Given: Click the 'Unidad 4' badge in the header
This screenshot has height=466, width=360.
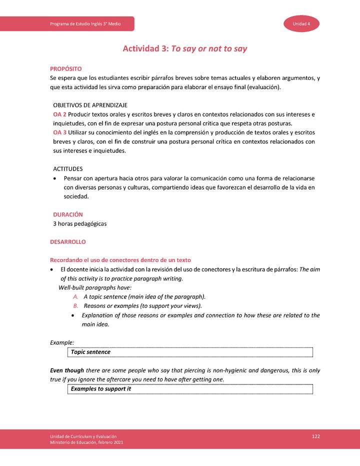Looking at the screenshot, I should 301,24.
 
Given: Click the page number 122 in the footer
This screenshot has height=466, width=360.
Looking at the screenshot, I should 315,436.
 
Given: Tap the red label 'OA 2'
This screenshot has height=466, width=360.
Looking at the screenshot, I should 60,114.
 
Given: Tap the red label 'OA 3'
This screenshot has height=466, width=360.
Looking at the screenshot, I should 60,132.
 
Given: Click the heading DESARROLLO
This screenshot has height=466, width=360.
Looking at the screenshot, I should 68,242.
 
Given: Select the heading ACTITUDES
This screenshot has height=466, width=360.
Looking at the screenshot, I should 68,169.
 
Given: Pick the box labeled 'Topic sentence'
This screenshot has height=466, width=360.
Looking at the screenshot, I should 190,352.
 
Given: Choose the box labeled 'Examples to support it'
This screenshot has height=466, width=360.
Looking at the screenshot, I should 190,389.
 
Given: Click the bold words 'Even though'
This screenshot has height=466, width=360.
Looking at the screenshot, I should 67,370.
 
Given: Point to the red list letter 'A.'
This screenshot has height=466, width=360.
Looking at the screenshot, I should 76,296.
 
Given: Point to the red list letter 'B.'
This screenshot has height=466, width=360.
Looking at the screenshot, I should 76,305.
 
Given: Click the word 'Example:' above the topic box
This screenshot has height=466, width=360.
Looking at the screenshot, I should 62,342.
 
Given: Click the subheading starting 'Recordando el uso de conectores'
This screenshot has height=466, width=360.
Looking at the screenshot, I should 120,260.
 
